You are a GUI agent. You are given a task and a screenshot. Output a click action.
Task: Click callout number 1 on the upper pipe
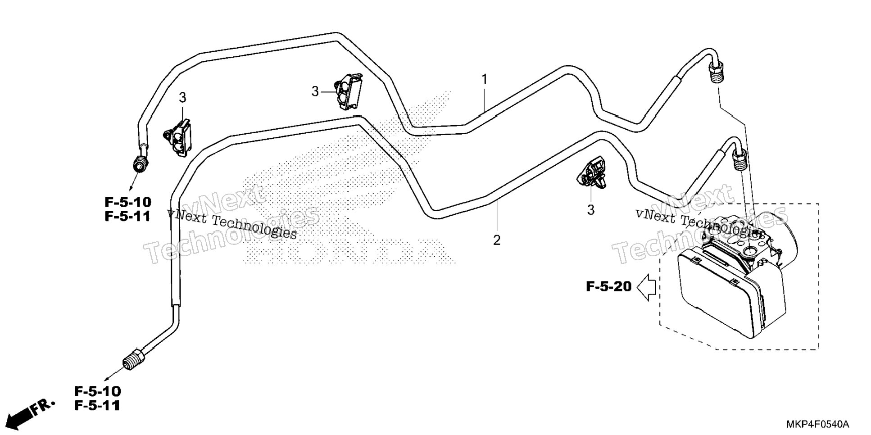point(485,80)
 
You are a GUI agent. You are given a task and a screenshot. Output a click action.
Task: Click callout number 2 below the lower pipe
point(497,240)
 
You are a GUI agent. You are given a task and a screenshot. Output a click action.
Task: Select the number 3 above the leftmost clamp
point(182,97)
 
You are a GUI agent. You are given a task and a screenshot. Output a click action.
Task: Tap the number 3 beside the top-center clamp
point(315,92)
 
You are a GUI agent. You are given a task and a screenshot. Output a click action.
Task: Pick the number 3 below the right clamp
point(590,210)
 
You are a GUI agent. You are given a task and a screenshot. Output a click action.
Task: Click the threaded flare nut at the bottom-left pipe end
point(134,361)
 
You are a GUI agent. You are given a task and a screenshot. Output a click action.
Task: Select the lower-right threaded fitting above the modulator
point(739,161)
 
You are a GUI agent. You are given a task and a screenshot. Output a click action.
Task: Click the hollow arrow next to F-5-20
point(646,287)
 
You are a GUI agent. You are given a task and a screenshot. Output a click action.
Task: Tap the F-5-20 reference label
point(609,286)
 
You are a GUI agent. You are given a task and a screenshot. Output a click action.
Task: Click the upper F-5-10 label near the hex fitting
point(128,202)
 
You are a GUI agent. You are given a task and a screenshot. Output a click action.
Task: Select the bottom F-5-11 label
point(97,406)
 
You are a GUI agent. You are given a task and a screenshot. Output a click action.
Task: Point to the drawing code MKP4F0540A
point(818,425)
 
